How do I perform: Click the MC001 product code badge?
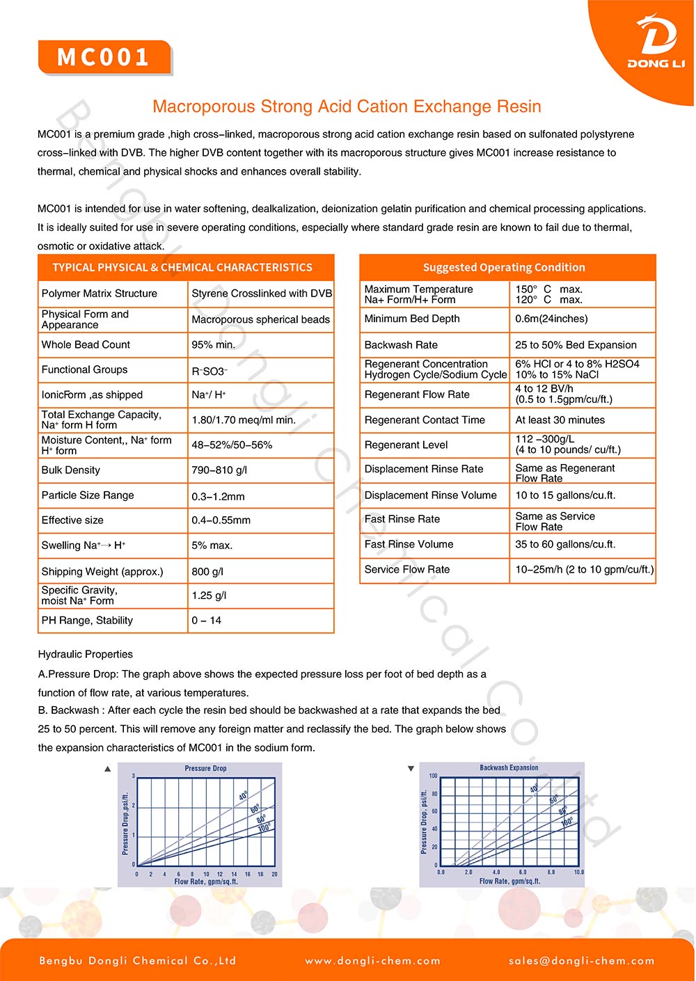coord(104,57)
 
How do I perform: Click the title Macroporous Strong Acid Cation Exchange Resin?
coord(347,106)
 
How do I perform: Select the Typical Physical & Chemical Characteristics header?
coord(182,267)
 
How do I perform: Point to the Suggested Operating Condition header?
coord(504,267)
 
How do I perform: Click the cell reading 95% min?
coord(213,344)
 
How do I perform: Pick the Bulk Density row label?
coord(71,470)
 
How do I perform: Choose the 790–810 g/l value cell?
coord(219,470)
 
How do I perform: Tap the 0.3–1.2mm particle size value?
coord(218,496)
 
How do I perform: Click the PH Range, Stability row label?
coord(87,620)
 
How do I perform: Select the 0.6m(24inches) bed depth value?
coord(551,319)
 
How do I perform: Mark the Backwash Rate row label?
coord(401,344)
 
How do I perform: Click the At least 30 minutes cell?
coord(560,420)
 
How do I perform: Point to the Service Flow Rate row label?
coord(407,569)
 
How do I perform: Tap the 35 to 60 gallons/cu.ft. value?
coord(565,544)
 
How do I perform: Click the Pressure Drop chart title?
coord(205,768)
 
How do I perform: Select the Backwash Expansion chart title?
coord(509,767)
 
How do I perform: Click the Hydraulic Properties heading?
coord(86,654)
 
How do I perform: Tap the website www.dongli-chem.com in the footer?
coord(372,961)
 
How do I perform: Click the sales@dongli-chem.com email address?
coord(581,961)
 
